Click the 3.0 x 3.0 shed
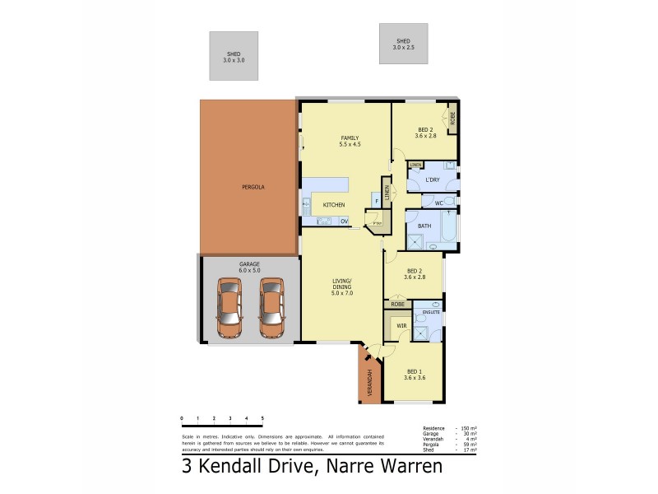click(x=234, y=56)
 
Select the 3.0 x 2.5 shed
click(x=403, y=44)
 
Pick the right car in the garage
click(x=271, y=308)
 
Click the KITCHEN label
click(x=334, y=205)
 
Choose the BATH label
click(x=424, y=226)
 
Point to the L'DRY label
click(x=433, y=179)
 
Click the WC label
click(x=439, y=202)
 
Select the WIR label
click(x=402, y=326)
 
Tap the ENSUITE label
click(x=431, y=312)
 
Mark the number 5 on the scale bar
click(x=262, y=418)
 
